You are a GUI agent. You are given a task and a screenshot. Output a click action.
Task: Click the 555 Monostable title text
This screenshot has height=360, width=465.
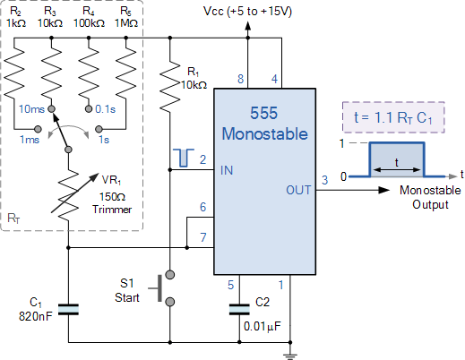[264, 123]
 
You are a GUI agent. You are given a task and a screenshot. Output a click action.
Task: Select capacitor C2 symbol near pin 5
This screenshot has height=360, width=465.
[238, 309]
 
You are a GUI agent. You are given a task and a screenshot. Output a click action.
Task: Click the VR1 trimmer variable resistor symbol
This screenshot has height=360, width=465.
[68, 201]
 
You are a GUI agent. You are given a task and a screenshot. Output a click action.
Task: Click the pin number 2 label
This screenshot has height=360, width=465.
[203, 159]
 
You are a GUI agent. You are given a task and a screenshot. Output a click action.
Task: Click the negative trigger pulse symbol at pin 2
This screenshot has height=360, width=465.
[181, 159]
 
